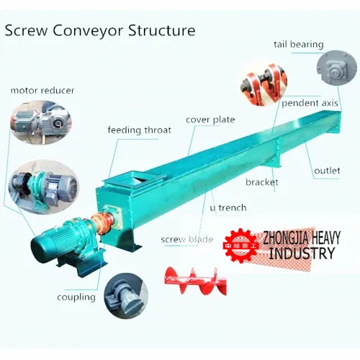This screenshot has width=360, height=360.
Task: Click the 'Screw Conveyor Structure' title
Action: tap(100, 30)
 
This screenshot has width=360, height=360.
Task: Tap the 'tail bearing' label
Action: tap(299, 45)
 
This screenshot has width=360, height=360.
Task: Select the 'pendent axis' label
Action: tap(310, 103)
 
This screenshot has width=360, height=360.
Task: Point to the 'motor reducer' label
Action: tap(42, 91)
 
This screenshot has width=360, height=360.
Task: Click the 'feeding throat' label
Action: tap(140, 130)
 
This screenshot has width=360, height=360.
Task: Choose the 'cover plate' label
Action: tap(210, 120)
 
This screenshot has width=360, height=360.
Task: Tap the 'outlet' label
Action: tap(327, 171)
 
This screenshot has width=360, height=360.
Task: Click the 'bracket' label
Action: tap(262, 182)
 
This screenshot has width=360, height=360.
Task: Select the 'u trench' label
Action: tap(228, 207)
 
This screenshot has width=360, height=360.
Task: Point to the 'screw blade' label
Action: tap(187, 239)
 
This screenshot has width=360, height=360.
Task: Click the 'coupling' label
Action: tap(76, 297)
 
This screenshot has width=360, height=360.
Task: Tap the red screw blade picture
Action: tap(195, 281)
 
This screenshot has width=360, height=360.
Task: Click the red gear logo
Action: tap(240, 246)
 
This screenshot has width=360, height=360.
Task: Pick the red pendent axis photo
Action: tap(264, 84)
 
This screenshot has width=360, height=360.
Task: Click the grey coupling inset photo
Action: tap(126, 296)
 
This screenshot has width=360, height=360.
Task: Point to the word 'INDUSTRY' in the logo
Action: tap(302, 253)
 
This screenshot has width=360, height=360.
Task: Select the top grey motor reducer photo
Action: tap(41, 122)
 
